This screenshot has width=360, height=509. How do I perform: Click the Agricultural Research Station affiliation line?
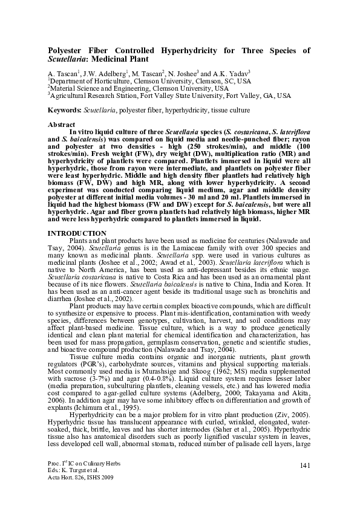169,96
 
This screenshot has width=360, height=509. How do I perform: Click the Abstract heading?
62,124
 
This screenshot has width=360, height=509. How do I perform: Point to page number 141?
305,480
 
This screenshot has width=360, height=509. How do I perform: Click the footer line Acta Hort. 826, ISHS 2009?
79,494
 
